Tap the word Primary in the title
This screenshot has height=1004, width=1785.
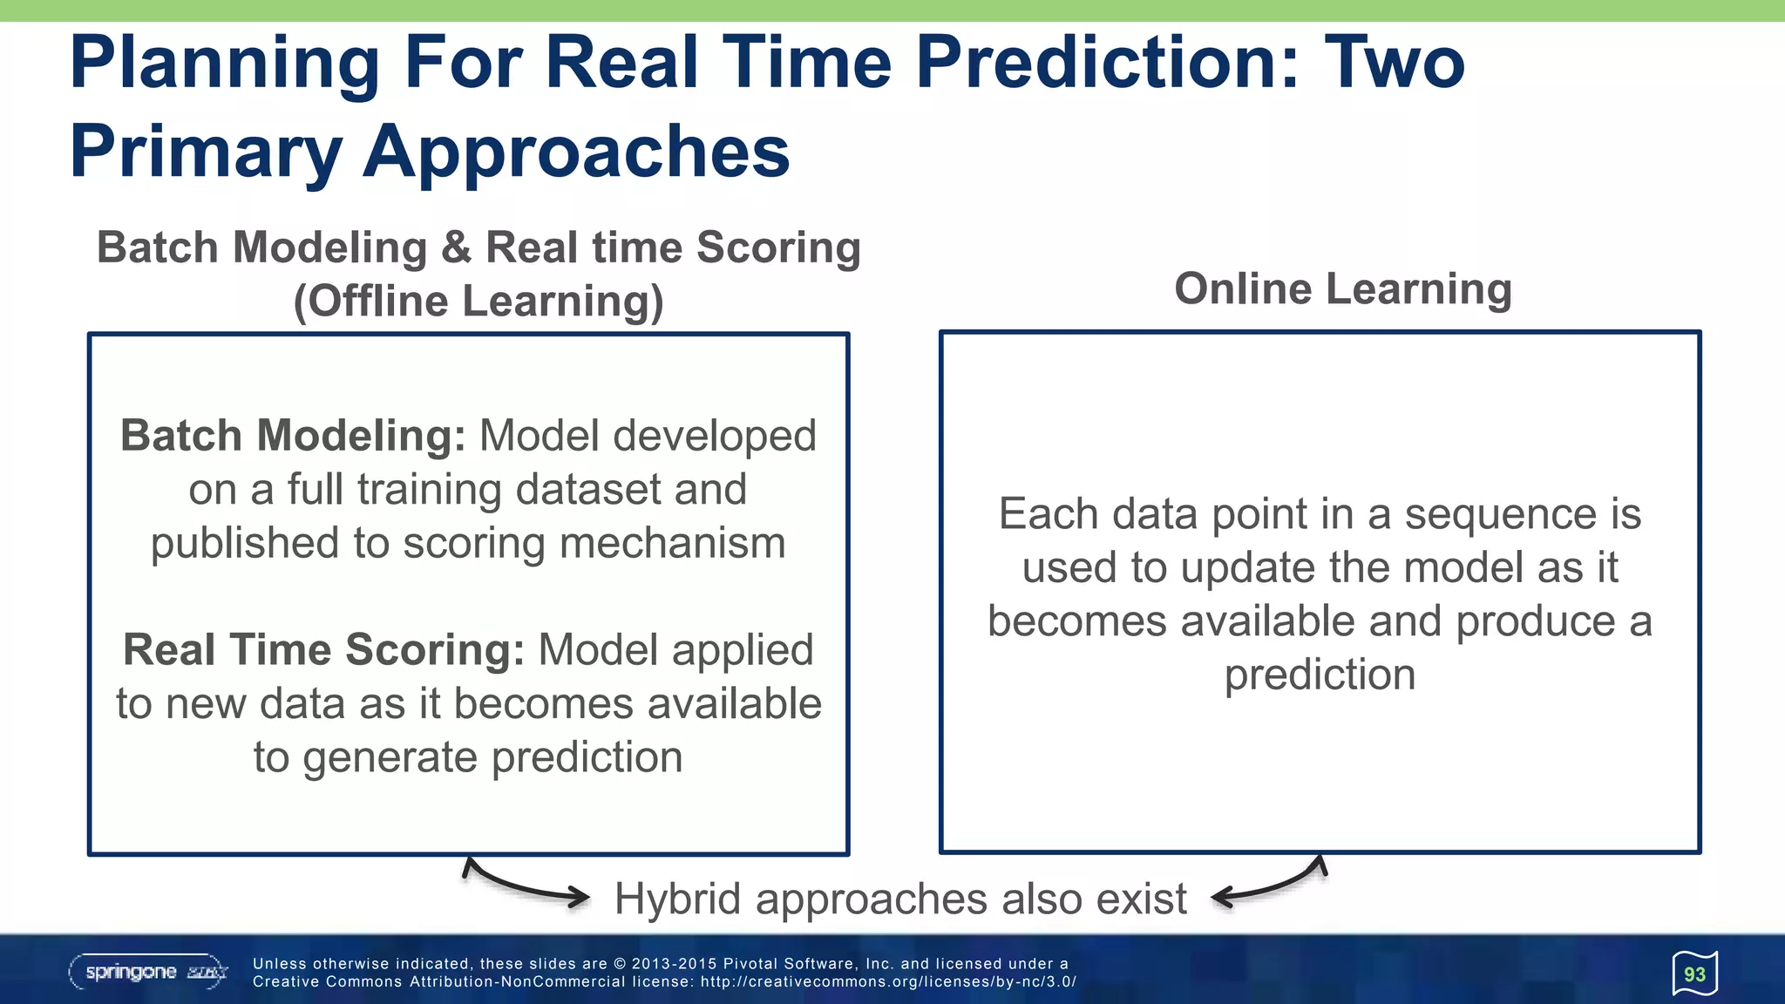point(206,153)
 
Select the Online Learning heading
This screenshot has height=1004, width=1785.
point(1342,288)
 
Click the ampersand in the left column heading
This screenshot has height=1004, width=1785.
point(456,248)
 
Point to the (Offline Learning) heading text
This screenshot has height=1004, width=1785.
point(478,302)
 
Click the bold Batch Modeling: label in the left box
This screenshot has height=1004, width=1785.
point(293,436)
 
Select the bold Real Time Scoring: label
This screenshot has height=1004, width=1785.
point(323,650)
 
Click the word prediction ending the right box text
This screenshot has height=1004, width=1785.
point(1320,675)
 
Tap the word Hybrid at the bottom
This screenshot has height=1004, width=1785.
point(676,899)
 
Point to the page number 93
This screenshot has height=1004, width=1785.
point(1694,974)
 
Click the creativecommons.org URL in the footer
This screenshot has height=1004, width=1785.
point(888,982)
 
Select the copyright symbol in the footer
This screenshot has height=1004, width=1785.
point(620,964)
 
